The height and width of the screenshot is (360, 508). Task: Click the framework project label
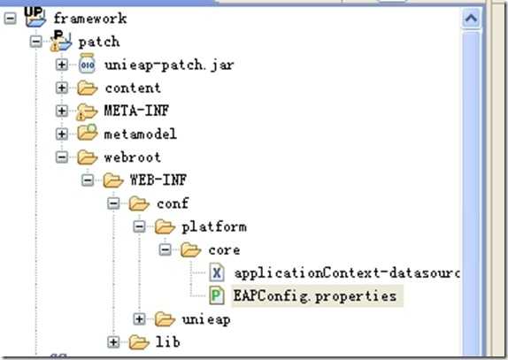90,19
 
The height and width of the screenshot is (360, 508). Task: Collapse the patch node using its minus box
35,42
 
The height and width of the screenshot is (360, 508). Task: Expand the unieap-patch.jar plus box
62,65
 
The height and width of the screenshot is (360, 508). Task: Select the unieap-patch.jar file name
169,65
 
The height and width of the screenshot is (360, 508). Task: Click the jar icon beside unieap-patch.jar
87,64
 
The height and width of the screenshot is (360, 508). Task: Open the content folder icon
87,88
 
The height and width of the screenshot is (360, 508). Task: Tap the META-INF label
136,111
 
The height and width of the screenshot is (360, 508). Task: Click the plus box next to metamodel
62,134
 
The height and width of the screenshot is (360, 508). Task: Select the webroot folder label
132,157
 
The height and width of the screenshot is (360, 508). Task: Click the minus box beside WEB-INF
88,180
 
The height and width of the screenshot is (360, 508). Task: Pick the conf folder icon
139,203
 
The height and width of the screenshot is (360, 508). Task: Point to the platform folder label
214,227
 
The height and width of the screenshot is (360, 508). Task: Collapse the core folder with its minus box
165,249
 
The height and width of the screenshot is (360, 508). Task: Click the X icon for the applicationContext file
217,272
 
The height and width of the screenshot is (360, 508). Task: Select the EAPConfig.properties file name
315,296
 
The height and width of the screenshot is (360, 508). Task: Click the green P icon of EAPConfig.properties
217,295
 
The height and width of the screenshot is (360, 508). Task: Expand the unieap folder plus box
139,319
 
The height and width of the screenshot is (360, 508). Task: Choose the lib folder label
168,342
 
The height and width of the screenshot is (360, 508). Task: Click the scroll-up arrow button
471,18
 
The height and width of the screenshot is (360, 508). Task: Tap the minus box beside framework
10,19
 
